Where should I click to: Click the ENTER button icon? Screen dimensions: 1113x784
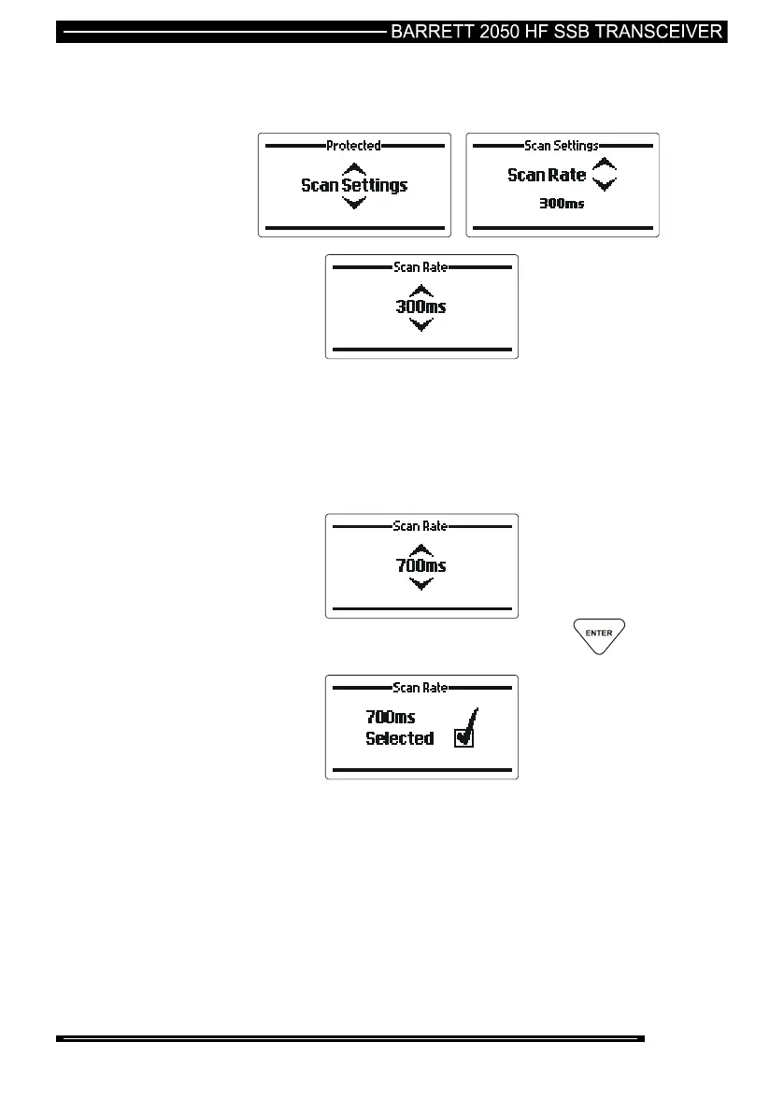(x=599, y=635)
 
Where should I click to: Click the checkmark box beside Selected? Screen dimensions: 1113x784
(x=463, y=738)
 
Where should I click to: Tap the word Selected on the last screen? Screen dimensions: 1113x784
(x=399, y=738)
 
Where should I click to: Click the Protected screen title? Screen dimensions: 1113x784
(x=353, y=146)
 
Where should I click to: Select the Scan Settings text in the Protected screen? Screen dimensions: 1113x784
(x=354, y=185)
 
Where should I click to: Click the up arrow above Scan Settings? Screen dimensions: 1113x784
(x=354, y=168)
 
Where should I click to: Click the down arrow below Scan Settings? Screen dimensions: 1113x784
(x=354, y=203)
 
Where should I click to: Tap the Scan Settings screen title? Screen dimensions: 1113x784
(x=562, y=146)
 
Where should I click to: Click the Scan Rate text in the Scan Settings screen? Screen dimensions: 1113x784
(x=547, y=175)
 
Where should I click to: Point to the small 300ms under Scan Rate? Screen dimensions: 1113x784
(x=563, y=204)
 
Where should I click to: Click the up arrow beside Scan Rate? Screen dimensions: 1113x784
(x=606, y=164)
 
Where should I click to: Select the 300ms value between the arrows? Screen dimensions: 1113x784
(x=421, y=306)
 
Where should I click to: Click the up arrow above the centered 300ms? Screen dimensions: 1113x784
(x=421, y=289)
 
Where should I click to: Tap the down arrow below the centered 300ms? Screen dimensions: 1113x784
(x=421, y=324)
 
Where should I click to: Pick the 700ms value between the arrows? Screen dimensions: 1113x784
(x=421, y=565)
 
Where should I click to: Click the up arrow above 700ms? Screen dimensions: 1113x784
(x=421, y=549)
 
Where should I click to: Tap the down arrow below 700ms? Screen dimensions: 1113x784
(x=421, y=584)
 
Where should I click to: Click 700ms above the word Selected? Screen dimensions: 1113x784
(x=391, y=717)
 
